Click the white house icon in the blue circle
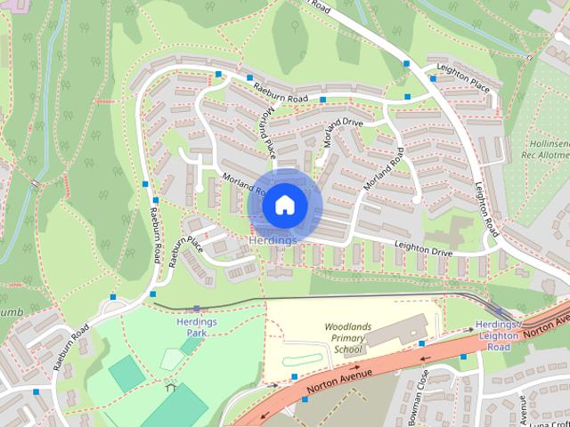coord(284,205)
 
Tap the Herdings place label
coord(273,241)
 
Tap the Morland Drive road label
coord(345,133)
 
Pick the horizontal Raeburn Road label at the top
coord(280,93)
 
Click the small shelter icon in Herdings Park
coord(169,385)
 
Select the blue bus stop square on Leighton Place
coord(434,78)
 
